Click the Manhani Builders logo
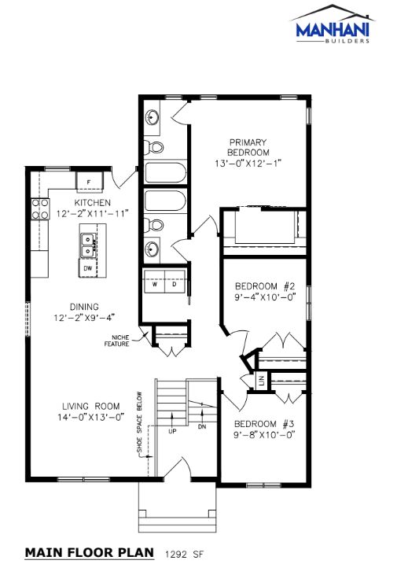coord(333,24)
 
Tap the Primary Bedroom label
coord(248,147)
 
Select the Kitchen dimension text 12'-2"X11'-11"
coord(93,213)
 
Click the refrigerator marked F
coord(90,182)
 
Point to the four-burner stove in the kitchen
coord(40,208)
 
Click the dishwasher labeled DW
coord(88,268)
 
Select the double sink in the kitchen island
coord(88,245)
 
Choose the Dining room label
coord(84,307)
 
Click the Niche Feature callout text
coord(117,341)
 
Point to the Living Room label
coord(91,407)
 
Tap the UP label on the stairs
coord(172,431)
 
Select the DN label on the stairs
coord(202,426)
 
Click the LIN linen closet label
coord(261,381)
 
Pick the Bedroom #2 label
coord(265,286)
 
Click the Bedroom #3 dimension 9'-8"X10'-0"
coord(265,435)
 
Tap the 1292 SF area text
coord(184,554)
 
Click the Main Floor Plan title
coord(90,553)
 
